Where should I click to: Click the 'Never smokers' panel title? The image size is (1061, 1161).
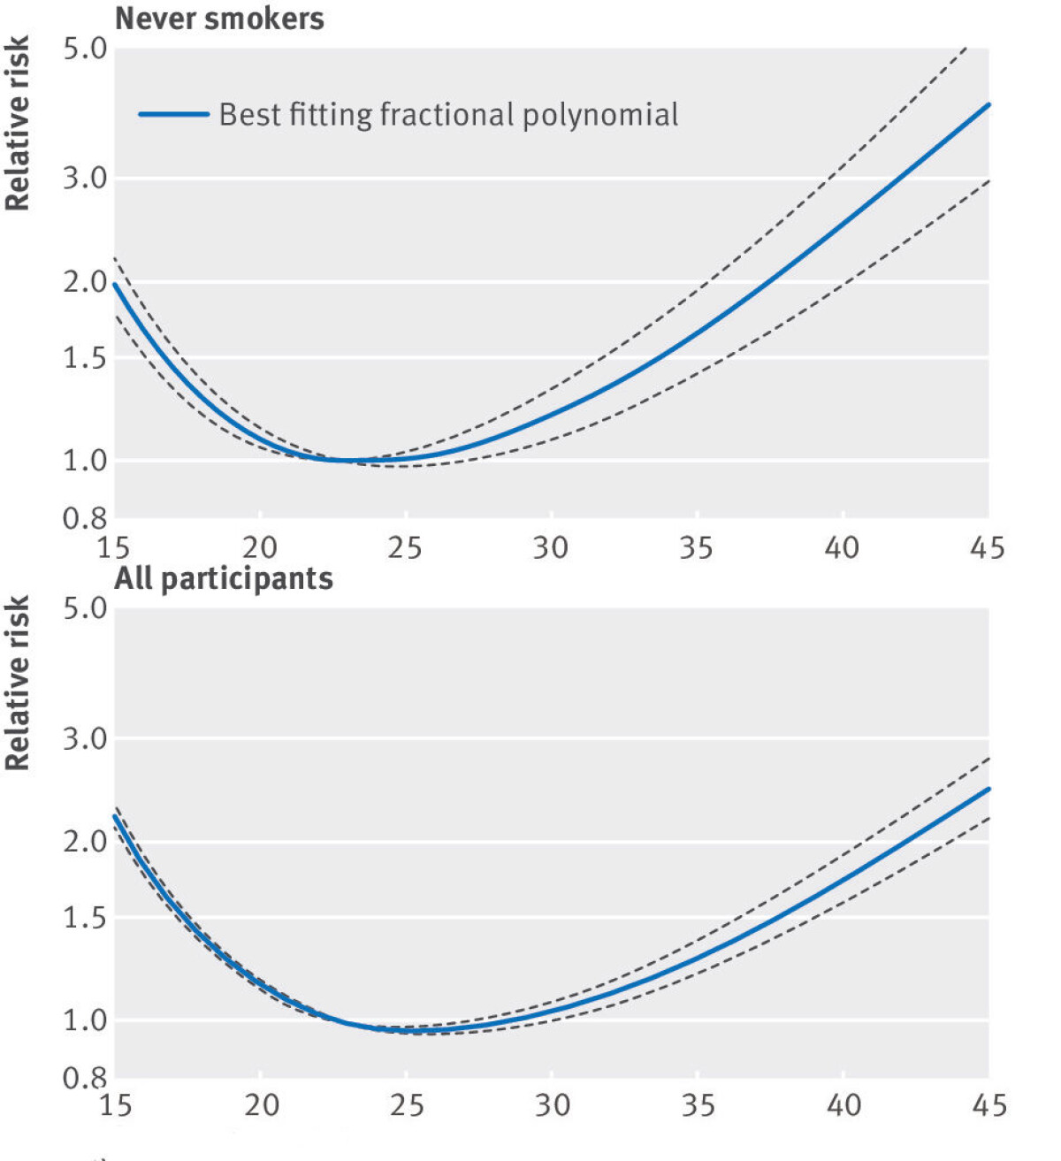219,19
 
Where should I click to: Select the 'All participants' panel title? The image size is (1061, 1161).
224,578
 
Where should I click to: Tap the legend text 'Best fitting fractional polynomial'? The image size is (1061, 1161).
448,115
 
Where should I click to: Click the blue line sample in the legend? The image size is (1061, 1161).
173,114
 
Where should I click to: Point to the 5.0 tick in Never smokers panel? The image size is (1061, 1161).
85,48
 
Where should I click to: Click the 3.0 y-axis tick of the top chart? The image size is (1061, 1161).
85,178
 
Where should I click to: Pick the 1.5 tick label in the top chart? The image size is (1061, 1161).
85,358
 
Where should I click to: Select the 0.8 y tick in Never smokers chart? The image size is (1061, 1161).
85,517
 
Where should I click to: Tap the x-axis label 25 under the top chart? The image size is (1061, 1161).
405,547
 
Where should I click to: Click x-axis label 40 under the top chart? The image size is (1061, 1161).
842,547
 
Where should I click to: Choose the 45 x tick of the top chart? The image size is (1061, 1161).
987,547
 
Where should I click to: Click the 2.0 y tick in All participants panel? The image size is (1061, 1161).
85,841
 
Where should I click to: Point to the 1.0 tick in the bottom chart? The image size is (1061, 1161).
85,1020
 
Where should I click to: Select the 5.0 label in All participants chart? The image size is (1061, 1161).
85,608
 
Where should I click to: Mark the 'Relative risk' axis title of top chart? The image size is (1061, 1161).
18,123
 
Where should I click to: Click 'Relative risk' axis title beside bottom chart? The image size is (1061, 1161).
18,683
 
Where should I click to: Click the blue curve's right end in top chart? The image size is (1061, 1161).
988,104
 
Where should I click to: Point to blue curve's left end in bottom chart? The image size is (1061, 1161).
115,816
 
